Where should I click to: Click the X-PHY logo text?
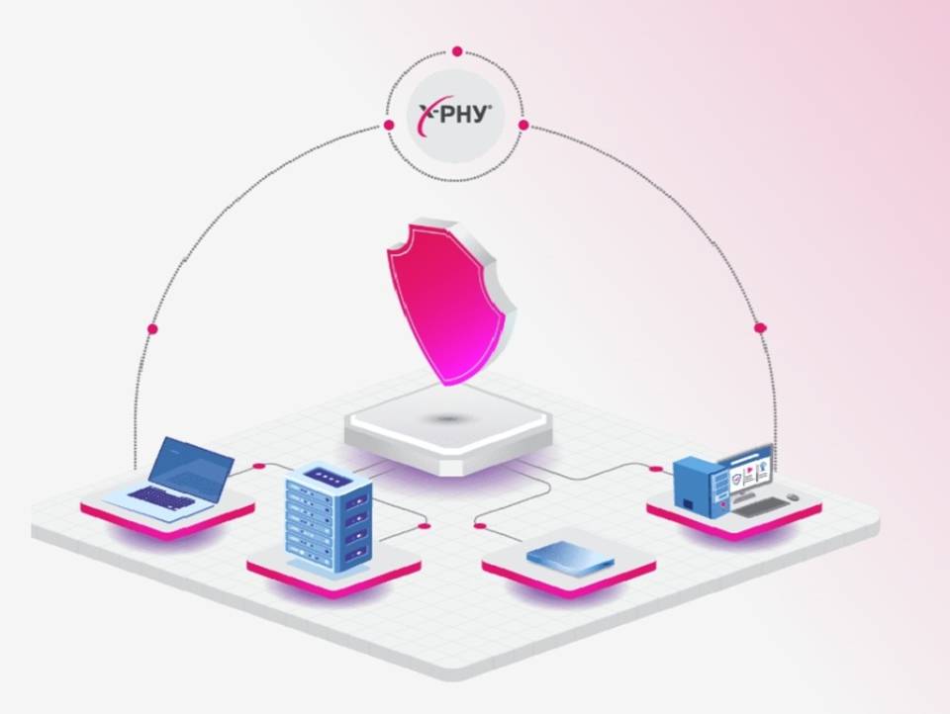455,114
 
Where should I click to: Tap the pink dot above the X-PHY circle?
457,51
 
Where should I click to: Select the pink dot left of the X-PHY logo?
389,125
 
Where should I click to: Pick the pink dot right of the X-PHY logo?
523,126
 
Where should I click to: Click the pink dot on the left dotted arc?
152,329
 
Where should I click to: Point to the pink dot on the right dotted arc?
760,327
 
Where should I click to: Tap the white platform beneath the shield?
448,427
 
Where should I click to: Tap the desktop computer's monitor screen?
749,471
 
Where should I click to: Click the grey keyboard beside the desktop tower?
759,507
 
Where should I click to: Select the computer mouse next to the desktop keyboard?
793,497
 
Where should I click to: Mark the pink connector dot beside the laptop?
259,466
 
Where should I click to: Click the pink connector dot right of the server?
425,526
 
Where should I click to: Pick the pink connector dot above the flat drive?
480,526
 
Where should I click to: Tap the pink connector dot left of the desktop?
655,468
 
